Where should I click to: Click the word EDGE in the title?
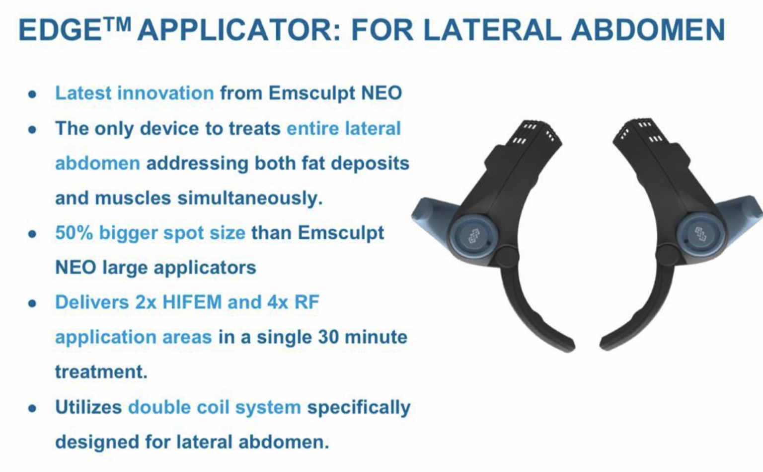point(60,30)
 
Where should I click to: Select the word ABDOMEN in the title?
point(648,30)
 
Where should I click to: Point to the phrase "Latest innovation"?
point(134,93)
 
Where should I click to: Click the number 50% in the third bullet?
point(74,233)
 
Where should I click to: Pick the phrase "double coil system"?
point(215,407)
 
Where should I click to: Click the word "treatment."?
point(101,372)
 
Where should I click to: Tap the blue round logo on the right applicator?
point(701,233)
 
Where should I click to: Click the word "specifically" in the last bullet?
point(359,407)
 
